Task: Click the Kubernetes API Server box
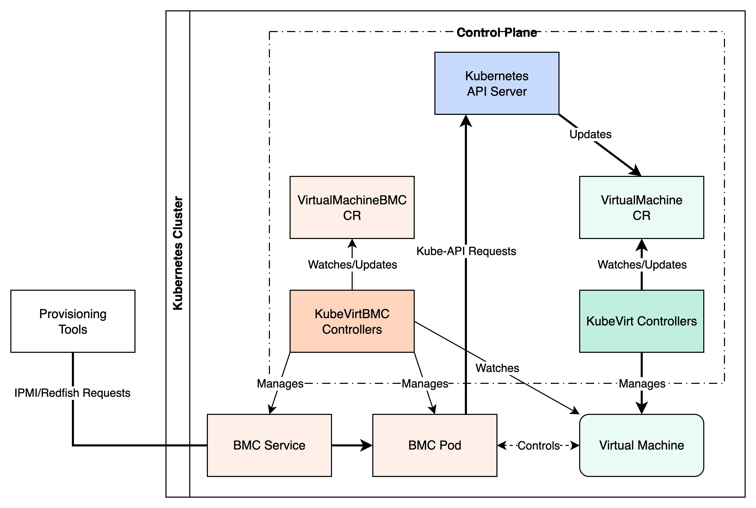[x=497, y=83]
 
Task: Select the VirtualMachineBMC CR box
[x=352, y=207]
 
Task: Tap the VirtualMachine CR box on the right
[x=641, y=207]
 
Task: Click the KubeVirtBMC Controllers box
[x=352, y=321]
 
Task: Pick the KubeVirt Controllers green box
[x=641, y=321]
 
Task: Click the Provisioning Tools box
[x=73, y=321]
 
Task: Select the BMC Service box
[x=269, y=445]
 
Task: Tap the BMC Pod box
[x=435, y=445]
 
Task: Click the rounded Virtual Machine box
[x=641, y=445]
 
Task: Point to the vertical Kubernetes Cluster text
[x=178, y=253]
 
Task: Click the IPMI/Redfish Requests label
[x=72, y=393]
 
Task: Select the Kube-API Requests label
[x=466, y=251]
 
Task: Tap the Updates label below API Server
[x=590, y=135]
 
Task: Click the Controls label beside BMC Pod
[x=538, y=445]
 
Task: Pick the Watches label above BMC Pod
[x=497, y=368]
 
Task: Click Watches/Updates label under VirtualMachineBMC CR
[x=352, y=265]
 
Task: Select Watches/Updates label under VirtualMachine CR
[x=642, y=265]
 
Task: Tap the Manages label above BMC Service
[x=280, y=384]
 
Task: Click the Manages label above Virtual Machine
[x=642, y=384]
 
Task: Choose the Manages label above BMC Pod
[x=425, y=384]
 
